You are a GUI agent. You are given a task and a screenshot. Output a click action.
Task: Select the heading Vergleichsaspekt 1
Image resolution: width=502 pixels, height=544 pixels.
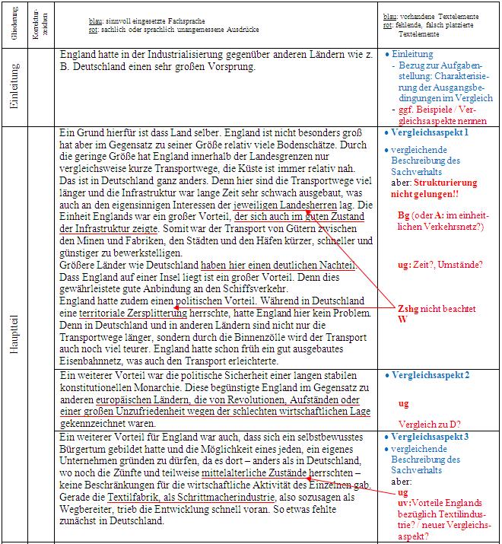click(x=429, y=132)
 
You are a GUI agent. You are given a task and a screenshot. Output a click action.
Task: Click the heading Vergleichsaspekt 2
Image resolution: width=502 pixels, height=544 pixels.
click(x=429, y=376)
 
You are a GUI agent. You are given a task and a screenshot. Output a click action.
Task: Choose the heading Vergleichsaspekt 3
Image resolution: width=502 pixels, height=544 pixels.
click(x=429, y=437)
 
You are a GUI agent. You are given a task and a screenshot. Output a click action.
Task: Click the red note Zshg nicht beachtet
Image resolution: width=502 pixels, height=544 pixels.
click(x=437, y=309)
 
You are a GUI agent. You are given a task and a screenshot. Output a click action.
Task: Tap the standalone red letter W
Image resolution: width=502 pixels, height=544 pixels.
click(x=402, y=320)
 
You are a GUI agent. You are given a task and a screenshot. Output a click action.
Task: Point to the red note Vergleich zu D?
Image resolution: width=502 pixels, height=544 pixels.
click(x=429, y=424)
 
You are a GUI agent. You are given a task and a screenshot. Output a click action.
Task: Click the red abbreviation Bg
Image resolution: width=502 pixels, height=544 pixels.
click(x=403, y=215)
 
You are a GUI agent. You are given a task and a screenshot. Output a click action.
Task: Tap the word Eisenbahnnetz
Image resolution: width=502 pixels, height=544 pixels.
click(x=94, y=361)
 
